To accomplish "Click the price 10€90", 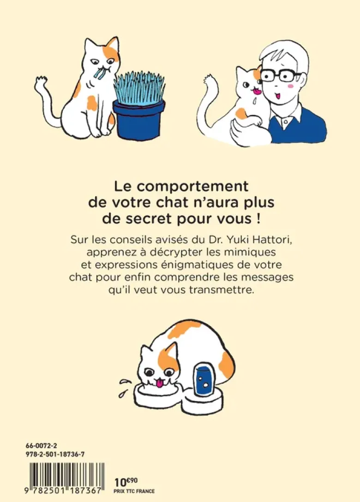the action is (126, 481).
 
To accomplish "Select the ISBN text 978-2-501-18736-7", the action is (55, 454).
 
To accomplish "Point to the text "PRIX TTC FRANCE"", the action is (134, 491).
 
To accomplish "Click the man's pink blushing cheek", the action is (290, 86).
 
